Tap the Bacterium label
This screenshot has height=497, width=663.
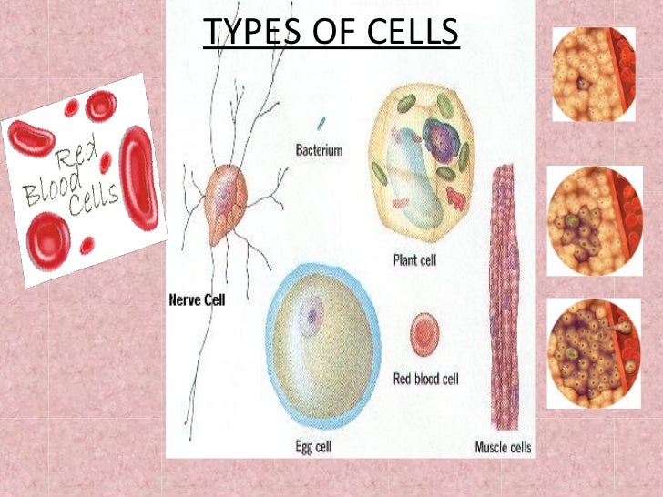pyautogui.click(x=320, y=149)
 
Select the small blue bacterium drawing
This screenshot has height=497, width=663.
pyautogui.click(x=321, y=122)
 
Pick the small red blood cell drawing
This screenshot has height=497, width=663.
pyautogui.click(x=425, y=334)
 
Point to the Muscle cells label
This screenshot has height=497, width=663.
pyautogui.click(x=504, y=446)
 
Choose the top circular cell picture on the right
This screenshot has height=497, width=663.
pyautogui.click(x=594, y=75)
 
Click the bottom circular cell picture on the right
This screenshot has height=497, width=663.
pyautogui.click(x=594, y=354)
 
